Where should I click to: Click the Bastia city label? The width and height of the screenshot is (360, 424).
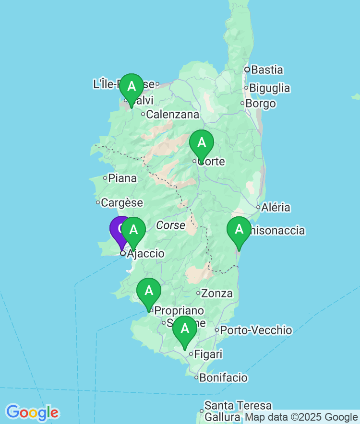coord(267,70)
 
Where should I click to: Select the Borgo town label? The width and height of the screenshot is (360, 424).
coord(261,104)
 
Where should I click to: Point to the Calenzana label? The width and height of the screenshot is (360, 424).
coord(172,115)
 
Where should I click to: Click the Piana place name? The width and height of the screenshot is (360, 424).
coord(122,178)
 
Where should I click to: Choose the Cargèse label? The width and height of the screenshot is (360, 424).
coord(122,203)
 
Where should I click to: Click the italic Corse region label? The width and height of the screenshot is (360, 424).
coord(170,225)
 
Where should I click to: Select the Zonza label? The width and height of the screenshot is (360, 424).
coord(217,293)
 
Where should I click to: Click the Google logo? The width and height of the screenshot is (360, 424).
coord(32,412)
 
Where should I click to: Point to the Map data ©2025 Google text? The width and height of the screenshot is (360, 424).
coord(301,417)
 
